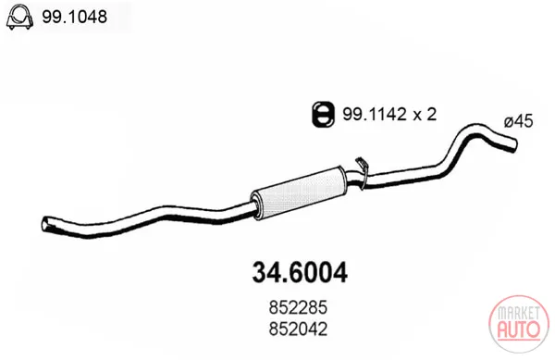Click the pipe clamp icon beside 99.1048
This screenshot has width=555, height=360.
[18, 17]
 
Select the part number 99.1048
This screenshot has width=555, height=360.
[74, 17]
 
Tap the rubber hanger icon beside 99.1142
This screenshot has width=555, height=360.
[323, 114]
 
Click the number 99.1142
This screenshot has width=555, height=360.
[374, 115]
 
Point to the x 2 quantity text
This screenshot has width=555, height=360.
[425, 115]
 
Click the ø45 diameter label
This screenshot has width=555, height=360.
[519, 122]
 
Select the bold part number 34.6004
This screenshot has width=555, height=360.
[300, 273]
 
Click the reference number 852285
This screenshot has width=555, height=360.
[298, 307]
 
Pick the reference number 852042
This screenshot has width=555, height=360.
[298, 329]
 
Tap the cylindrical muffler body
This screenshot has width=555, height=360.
[299, 192]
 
